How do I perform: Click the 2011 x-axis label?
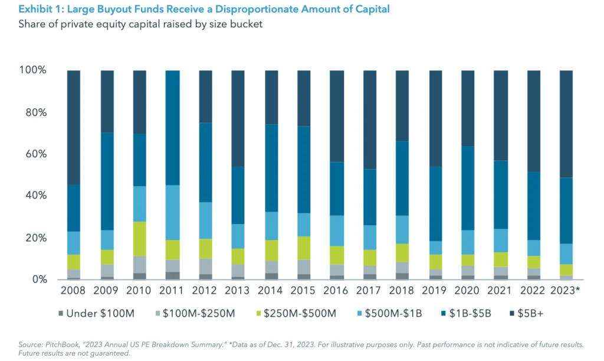pos(172,291)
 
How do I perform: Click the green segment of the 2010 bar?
pos(139,239)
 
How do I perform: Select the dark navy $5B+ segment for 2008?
pos(74,127)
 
